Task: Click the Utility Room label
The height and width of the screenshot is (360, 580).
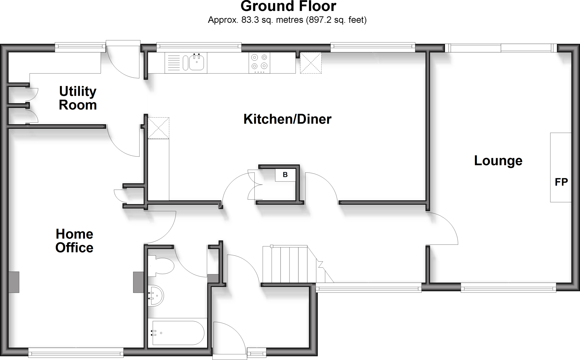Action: (x=78, y=98)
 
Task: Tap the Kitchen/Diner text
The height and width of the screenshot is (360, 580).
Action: (x=287, y=119)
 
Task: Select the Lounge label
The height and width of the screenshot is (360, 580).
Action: (x=498, y=161)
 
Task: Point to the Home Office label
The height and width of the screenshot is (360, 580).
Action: (x=74, y=241)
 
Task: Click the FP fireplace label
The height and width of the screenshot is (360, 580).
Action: (x=561, y=182)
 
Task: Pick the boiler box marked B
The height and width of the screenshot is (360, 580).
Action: (x=285, y=175)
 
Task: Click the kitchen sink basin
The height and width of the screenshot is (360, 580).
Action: (x=197, y=63)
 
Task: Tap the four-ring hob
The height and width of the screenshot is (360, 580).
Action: (x=259, y=63)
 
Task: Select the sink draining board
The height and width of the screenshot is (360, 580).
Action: (x=174, y=63)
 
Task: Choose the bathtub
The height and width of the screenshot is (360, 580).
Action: (x=178, y=333)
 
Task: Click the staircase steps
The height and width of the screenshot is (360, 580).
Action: (x=289, y=264)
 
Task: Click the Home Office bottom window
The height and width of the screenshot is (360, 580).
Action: (x=76, y=353)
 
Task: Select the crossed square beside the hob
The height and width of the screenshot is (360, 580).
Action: (x=311, y=63)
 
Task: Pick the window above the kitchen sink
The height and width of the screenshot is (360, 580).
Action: (x=199, y=47)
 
